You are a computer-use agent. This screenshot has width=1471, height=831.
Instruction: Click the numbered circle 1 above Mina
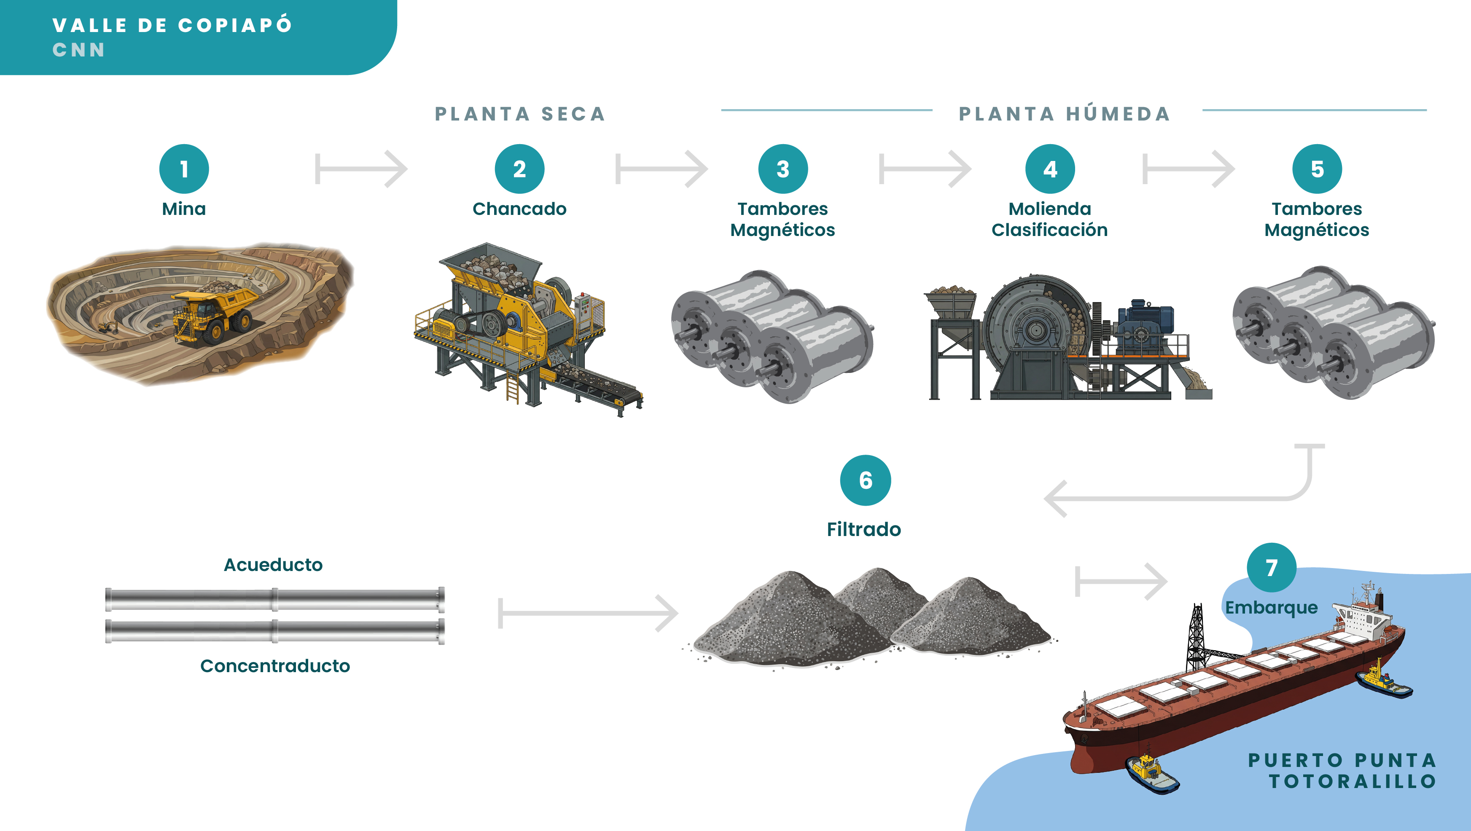tap(184, 169)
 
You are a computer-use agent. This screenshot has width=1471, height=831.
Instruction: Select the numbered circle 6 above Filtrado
tap(865, 480)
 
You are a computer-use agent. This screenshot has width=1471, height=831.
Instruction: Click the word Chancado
tap(519, 209)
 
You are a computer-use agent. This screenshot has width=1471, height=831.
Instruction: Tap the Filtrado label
tap(863, 529)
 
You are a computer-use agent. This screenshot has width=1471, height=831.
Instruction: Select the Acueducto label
tap(273, 564)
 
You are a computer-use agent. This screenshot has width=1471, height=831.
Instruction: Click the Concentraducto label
tap(274, 665)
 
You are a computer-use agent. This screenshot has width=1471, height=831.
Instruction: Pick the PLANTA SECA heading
tap(520, 114)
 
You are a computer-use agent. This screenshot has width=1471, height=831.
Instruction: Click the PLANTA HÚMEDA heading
tap(1065, 114)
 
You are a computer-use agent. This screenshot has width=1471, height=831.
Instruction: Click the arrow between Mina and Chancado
tap(361, 169)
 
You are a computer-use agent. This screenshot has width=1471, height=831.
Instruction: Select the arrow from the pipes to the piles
tap(588, 614)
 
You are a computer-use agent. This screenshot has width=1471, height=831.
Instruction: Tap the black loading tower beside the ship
tap(1195, 639)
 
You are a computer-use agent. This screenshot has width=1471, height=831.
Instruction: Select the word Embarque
tap(1271, 607)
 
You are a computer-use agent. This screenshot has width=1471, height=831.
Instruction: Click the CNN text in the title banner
tap(79, 50)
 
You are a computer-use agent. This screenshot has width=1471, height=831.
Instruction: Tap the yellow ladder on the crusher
tap(512, 388)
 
